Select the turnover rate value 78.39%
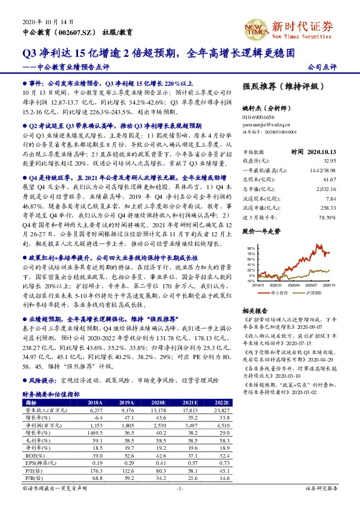pyautogui.click(x=326, y=218)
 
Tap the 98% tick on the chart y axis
pyautogui.click(x=250, y=248)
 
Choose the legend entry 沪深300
pyautogui.click(x=316, y=293)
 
